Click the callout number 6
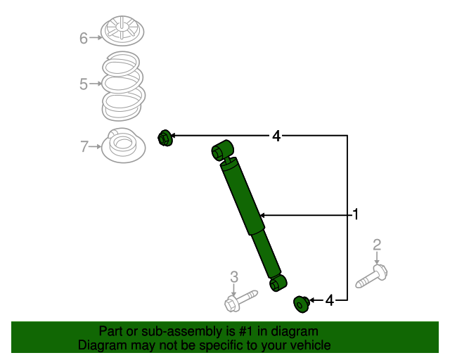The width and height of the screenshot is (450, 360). pyautogui.click(x=84, y=38)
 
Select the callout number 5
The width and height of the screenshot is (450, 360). pyautogui.click(x=84, y=84)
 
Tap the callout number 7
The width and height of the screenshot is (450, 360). pyautogui.click(x=84, y=146)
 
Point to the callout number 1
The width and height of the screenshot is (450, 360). pyautogui.click(x=356, y=214)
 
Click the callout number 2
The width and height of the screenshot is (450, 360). pyautogui.click(x=377, y=245)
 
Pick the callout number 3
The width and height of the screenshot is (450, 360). pyautogui.click(x=234, y=276)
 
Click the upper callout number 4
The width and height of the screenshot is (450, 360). pyautogui.click(x=276, y=136)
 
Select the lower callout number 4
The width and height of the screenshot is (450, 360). pyautogui.click(x=329, y=301)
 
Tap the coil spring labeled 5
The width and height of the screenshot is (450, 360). pyautogui.click(x=123, y=86)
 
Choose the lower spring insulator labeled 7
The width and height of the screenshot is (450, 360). pyautogui.click(x=124, y=148)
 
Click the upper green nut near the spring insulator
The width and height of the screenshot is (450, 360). pyautogui.click(x=165, y=138)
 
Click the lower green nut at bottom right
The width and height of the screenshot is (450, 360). pyautogui.click(x=301, y=304)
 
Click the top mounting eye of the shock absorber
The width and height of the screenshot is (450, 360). pyautogui.click(x=222, y=150)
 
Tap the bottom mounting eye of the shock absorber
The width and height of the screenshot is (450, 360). pyautogui.click(x=278, y=283)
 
